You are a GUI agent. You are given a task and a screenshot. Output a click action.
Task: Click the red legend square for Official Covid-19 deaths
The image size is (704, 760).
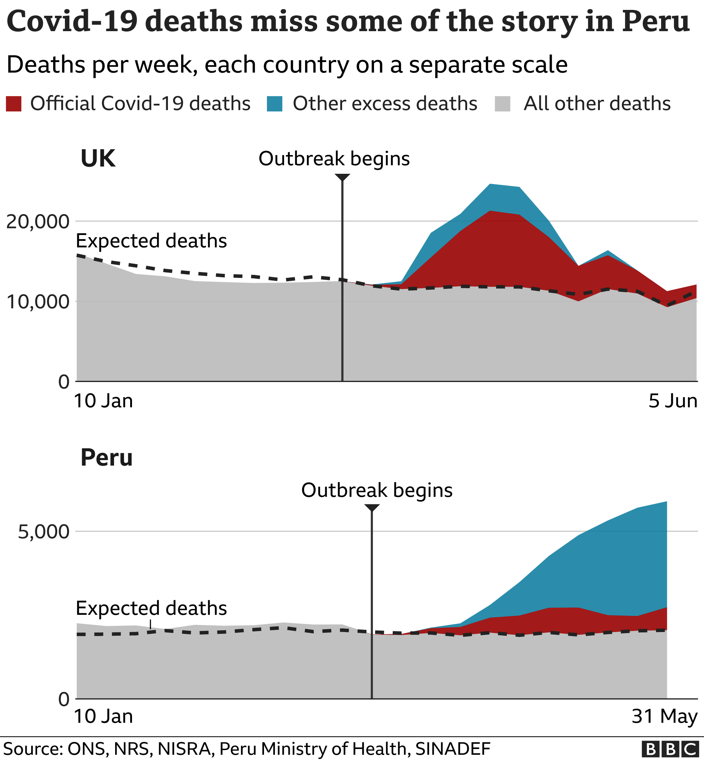coord(14,104)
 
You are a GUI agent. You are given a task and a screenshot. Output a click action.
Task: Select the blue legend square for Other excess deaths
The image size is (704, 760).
coord(275,104)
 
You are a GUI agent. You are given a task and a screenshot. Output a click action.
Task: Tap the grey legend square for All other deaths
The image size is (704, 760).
coord(502,104)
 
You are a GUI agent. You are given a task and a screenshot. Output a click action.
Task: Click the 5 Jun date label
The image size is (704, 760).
coord(673,401)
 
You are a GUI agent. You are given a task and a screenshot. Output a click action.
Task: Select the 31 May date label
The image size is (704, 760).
coord(664,716)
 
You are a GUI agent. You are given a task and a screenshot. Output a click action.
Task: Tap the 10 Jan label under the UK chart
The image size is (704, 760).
coord(103,401)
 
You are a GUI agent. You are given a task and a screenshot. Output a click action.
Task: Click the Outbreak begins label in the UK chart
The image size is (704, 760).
coord(334,158)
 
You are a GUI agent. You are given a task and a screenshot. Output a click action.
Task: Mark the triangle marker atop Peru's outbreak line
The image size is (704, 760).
coord(372,508)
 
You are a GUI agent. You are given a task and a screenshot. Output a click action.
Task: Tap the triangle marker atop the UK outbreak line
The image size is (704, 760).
coord(342,177)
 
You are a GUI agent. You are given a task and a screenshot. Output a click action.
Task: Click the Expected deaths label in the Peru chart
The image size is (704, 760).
coord(151,608)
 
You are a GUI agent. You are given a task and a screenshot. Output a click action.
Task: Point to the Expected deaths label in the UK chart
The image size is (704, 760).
coord(151,241)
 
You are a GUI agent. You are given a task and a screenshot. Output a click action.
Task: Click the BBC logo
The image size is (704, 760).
coord(670,749)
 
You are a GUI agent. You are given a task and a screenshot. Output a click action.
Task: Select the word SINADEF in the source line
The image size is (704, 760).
coord(452,749)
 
